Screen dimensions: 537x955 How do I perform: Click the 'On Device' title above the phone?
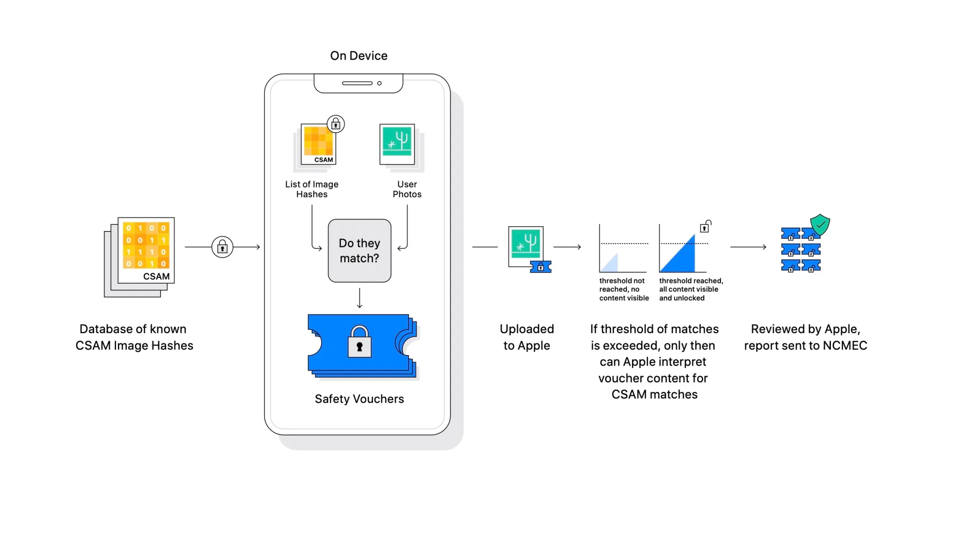[x=359, y=56]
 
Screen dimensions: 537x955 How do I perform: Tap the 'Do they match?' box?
[x=359, y=251]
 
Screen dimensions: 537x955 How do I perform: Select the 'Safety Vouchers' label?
[x=359, y=399]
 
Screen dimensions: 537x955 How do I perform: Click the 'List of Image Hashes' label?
[x=311, y=189]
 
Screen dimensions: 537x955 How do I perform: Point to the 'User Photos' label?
[x=407, y=189]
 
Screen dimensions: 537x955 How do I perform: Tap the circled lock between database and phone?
[x=222, y=247]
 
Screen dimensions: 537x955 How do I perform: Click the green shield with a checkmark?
[x=820, y=224]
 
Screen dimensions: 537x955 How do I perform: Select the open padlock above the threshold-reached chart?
[x=705, y=226]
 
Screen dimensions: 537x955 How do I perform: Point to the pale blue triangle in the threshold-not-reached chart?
[x=612, y=264]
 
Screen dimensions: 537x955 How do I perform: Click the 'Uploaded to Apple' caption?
[x=526, y=337]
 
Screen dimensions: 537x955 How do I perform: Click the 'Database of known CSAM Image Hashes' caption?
[x=134, y=337]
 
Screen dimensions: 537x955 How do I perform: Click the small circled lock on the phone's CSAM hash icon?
[x=336, y=125]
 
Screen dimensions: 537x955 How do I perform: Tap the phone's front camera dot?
[x=379, y=83]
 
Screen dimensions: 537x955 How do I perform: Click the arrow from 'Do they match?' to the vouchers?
[x=359, y=298]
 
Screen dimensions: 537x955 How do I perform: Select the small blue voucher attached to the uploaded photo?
[x=541, y=267]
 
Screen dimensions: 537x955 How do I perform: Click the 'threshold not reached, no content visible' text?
[x=623, y=289]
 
